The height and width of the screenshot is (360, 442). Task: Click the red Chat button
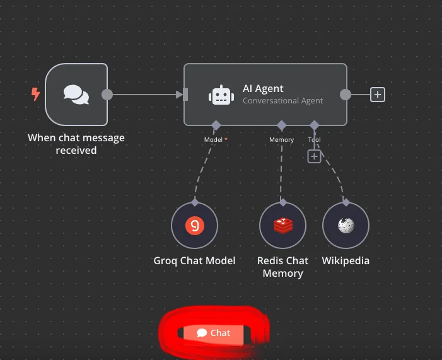click(213, 333)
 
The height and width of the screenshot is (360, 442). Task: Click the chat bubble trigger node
click(76, 95)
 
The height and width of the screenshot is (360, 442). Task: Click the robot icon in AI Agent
click(221, 95)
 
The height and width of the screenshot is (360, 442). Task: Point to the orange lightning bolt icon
click(36, 95)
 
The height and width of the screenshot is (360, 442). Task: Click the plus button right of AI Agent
click(377, 95)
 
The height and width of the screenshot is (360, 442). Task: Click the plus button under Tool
click(314, 156)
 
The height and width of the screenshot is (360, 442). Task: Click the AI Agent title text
click(263, 89)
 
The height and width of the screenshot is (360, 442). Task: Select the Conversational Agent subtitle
click(282, 100)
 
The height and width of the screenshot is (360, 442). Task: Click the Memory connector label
click(281, 139)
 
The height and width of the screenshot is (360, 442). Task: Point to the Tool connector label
click(314, 139)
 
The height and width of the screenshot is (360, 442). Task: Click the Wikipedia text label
click(346, 260)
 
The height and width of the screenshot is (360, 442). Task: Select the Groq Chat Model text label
click(194, 260)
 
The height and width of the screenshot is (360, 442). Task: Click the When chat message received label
click(76, 144)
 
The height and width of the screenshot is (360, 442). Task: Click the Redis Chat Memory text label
click(282, 267)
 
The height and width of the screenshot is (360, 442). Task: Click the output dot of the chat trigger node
click(107, 95)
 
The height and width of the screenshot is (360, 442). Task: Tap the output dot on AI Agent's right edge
click(345, 95)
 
